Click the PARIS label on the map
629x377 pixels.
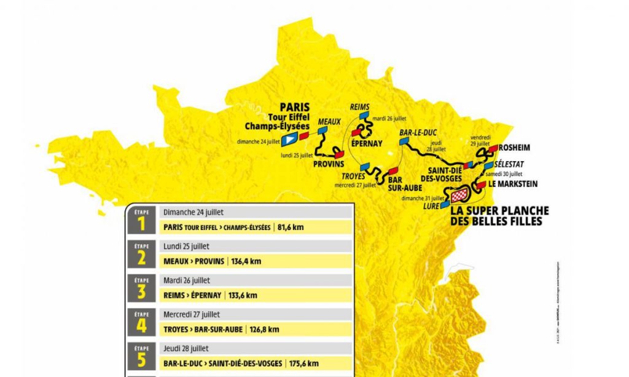point(295,106)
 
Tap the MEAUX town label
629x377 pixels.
point(329,122)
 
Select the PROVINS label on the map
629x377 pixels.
point(327,165)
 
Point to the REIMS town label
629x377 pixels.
point(359,107)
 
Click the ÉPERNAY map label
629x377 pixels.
point(367,143)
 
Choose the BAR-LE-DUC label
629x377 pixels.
point(417,132)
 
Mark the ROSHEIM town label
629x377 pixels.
point(515,148)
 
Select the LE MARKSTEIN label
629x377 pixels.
point(514,184)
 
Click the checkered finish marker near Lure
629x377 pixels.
point(459,196)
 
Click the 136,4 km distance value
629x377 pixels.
point(246,261)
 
